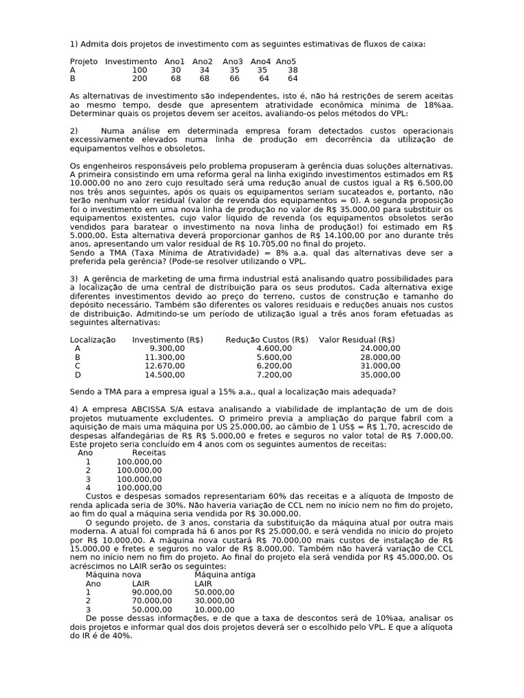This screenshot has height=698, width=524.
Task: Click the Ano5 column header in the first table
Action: tap(287, 61)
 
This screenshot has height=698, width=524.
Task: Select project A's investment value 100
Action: tap(139, 70)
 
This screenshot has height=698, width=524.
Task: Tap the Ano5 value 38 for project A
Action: tap(293, 70)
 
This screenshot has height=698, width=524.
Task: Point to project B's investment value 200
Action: tap(139, 78)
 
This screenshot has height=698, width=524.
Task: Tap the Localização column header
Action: tap(93, 339)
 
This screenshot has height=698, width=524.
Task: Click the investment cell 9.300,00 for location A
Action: tap(166, 348)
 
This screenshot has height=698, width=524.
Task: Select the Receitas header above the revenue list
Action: tap(149, 453)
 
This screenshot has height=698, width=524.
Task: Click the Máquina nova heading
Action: tap(109, 575)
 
